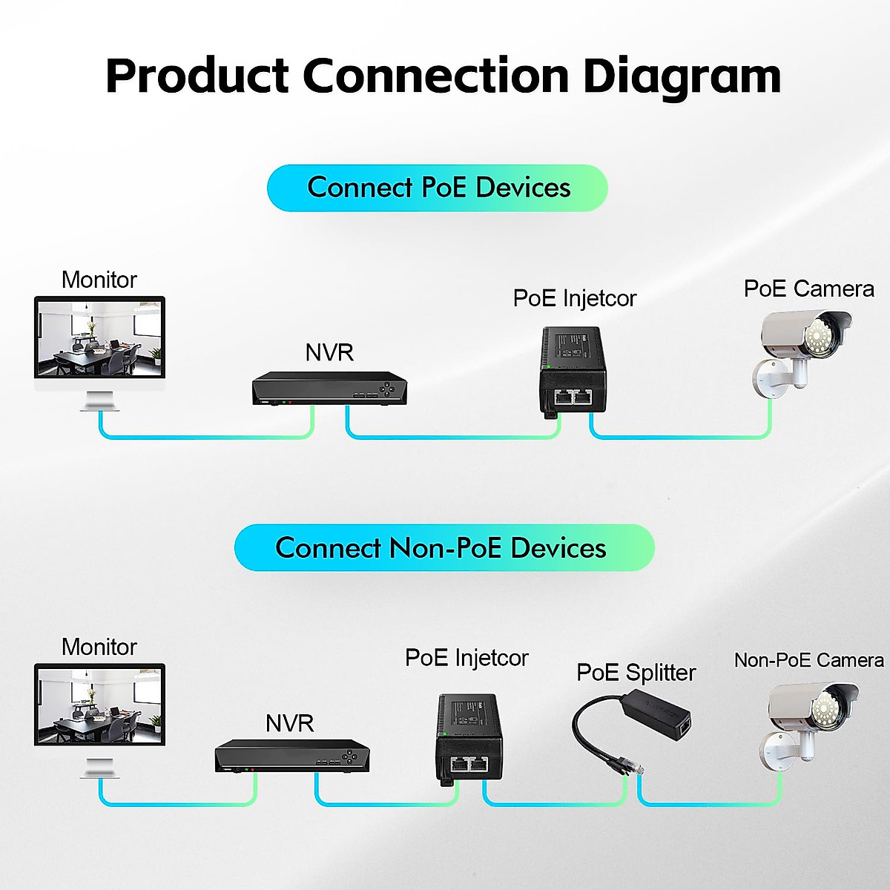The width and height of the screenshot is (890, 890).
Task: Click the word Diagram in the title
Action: coord(682,78)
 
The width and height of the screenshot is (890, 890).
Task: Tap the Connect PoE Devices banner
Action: coord(438,188)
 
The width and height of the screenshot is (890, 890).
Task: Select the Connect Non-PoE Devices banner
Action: coord(444,547)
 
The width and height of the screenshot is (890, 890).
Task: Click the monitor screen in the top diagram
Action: coord(100,338)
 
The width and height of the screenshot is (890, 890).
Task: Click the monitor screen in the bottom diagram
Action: coord(100,705)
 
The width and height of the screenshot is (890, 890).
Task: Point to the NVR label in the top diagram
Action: coord(329,353)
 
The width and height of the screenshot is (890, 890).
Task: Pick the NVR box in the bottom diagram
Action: coord(292,756)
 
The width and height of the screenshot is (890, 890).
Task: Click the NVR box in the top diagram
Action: coord(329,389)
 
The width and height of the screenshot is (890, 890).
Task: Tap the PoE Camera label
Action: coord(808,289)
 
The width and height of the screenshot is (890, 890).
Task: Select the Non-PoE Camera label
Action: coord(808,660)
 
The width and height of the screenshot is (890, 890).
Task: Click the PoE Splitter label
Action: coord(636,673)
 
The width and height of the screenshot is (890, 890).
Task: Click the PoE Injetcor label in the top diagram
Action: coord(575,298)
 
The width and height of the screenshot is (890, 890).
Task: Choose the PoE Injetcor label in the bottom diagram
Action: coord(467,658)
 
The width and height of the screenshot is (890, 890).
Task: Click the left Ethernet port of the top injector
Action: coord(563,397)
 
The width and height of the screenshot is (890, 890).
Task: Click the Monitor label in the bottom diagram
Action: coord(99,647)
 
